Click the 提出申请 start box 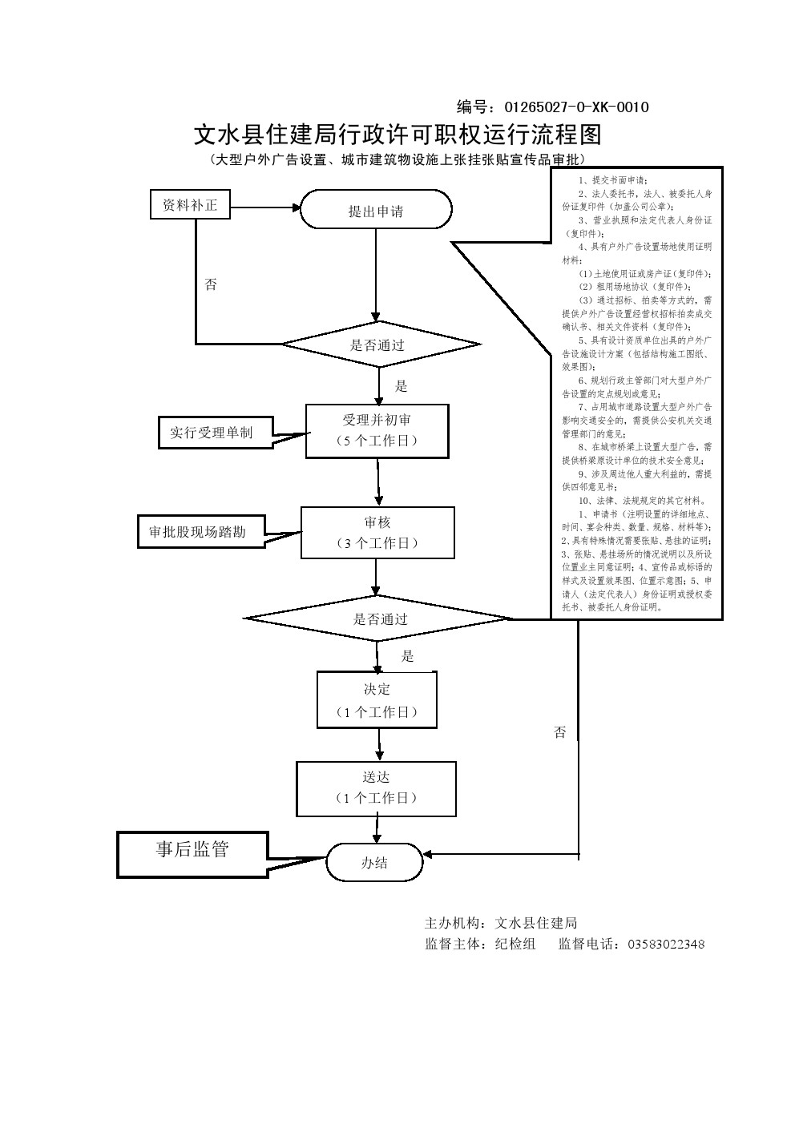(376, 211)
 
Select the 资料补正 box (190, 205)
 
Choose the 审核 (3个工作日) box (377, 533)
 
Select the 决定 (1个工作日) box (377, 700)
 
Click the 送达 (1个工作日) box (377, 788)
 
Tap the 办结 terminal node (374, 863)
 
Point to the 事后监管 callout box (192, 852)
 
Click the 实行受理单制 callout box (212, 433)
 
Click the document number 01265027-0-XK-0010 (575, 107)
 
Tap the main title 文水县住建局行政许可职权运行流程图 (397, 134)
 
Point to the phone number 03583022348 (664, 944)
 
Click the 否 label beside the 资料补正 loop (211, 284)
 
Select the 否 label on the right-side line (559, 732)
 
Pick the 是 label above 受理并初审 (402, 386)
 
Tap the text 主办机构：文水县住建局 (501, 923)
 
